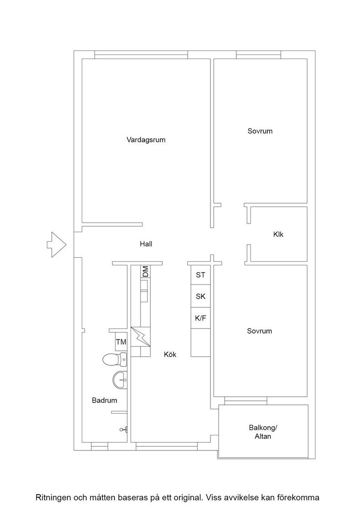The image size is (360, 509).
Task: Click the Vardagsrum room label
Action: [x=146, y=140]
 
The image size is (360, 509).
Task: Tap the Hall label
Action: [x=146, y=244]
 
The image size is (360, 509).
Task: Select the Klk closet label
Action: [x=278, y=234]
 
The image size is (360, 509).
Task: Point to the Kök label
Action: [x=170, y=354]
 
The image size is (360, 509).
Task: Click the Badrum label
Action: [x=105, y=400]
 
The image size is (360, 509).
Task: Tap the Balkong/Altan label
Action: [x=263, y=432]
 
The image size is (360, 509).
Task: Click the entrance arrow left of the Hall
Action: [x=57, y=245]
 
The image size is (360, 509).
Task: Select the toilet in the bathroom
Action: [x=114, y=359]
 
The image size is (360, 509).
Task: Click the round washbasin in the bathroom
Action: [x=120, y=379]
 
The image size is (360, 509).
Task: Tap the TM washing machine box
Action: [x=121, y=342]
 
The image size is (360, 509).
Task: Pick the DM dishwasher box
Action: [x=145, y=271]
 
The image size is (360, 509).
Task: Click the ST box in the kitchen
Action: [x=200, y=275]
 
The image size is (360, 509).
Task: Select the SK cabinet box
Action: [x=200, y=296]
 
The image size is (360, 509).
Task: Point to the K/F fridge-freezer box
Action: [x=200, y=318]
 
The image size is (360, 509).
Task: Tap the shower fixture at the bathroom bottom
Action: [x=124, y=430]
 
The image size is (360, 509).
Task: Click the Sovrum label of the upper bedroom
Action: [x=260, y=131]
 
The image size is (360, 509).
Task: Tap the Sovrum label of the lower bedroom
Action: [x=260, y=331]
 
